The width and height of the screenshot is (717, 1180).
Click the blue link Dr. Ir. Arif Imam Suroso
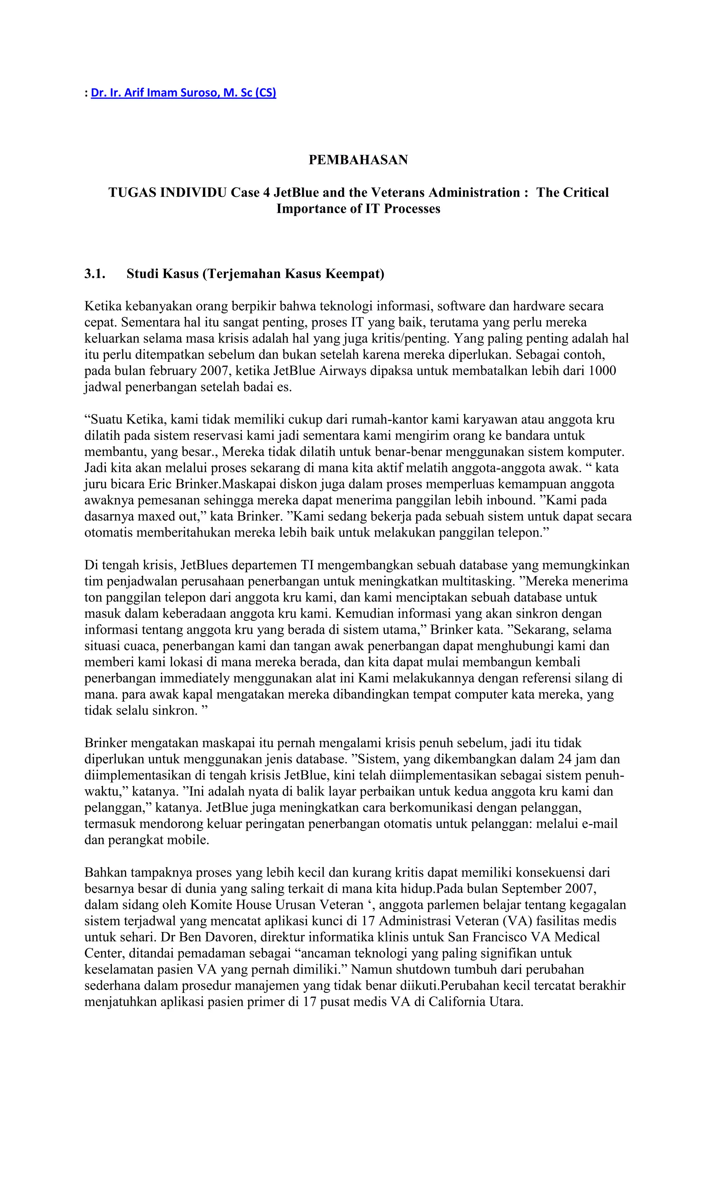(x=183, y=93)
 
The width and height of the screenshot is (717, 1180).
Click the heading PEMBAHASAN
(x=358, y=160)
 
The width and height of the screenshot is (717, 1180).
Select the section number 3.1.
(x=95, y=274)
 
